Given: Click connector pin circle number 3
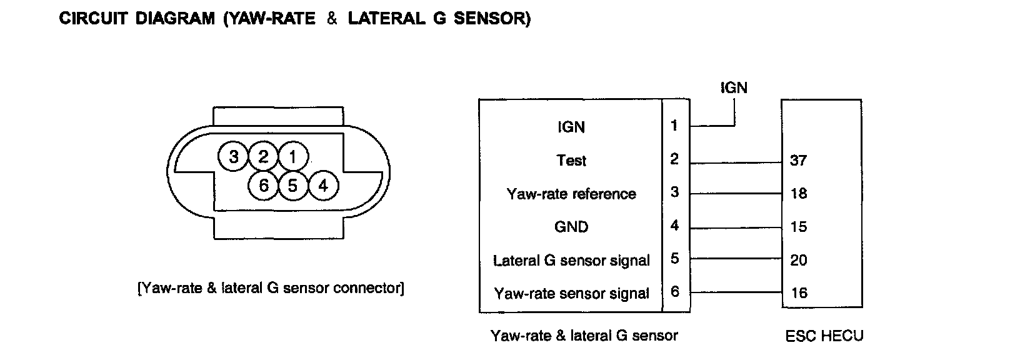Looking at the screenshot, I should (233, 156).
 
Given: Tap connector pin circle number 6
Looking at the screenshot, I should (263, 186).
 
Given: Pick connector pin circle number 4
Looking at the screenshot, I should (322, 186).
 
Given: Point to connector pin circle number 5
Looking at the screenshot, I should (292, 186).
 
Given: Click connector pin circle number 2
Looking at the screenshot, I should (263, 156).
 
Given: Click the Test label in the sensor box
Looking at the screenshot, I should (571, 161).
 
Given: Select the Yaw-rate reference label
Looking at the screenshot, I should (571, 194).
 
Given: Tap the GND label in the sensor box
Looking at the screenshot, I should (571, 227).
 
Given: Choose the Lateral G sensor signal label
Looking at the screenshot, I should (571, 260).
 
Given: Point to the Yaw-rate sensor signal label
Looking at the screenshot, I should (571, 293).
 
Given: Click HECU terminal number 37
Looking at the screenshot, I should (799, 161).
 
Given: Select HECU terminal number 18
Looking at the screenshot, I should (799, 194).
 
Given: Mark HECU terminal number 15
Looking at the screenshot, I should (799, 227).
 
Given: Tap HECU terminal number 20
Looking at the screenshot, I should (799, 260).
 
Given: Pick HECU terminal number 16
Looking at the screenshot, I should (799, 293).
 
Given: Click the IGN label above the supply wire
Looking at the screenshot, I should (734, 87).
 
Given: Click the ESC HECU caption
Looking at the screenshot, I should (824, 336).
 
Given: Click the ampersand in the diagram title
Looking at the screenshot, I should (331, 19).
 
